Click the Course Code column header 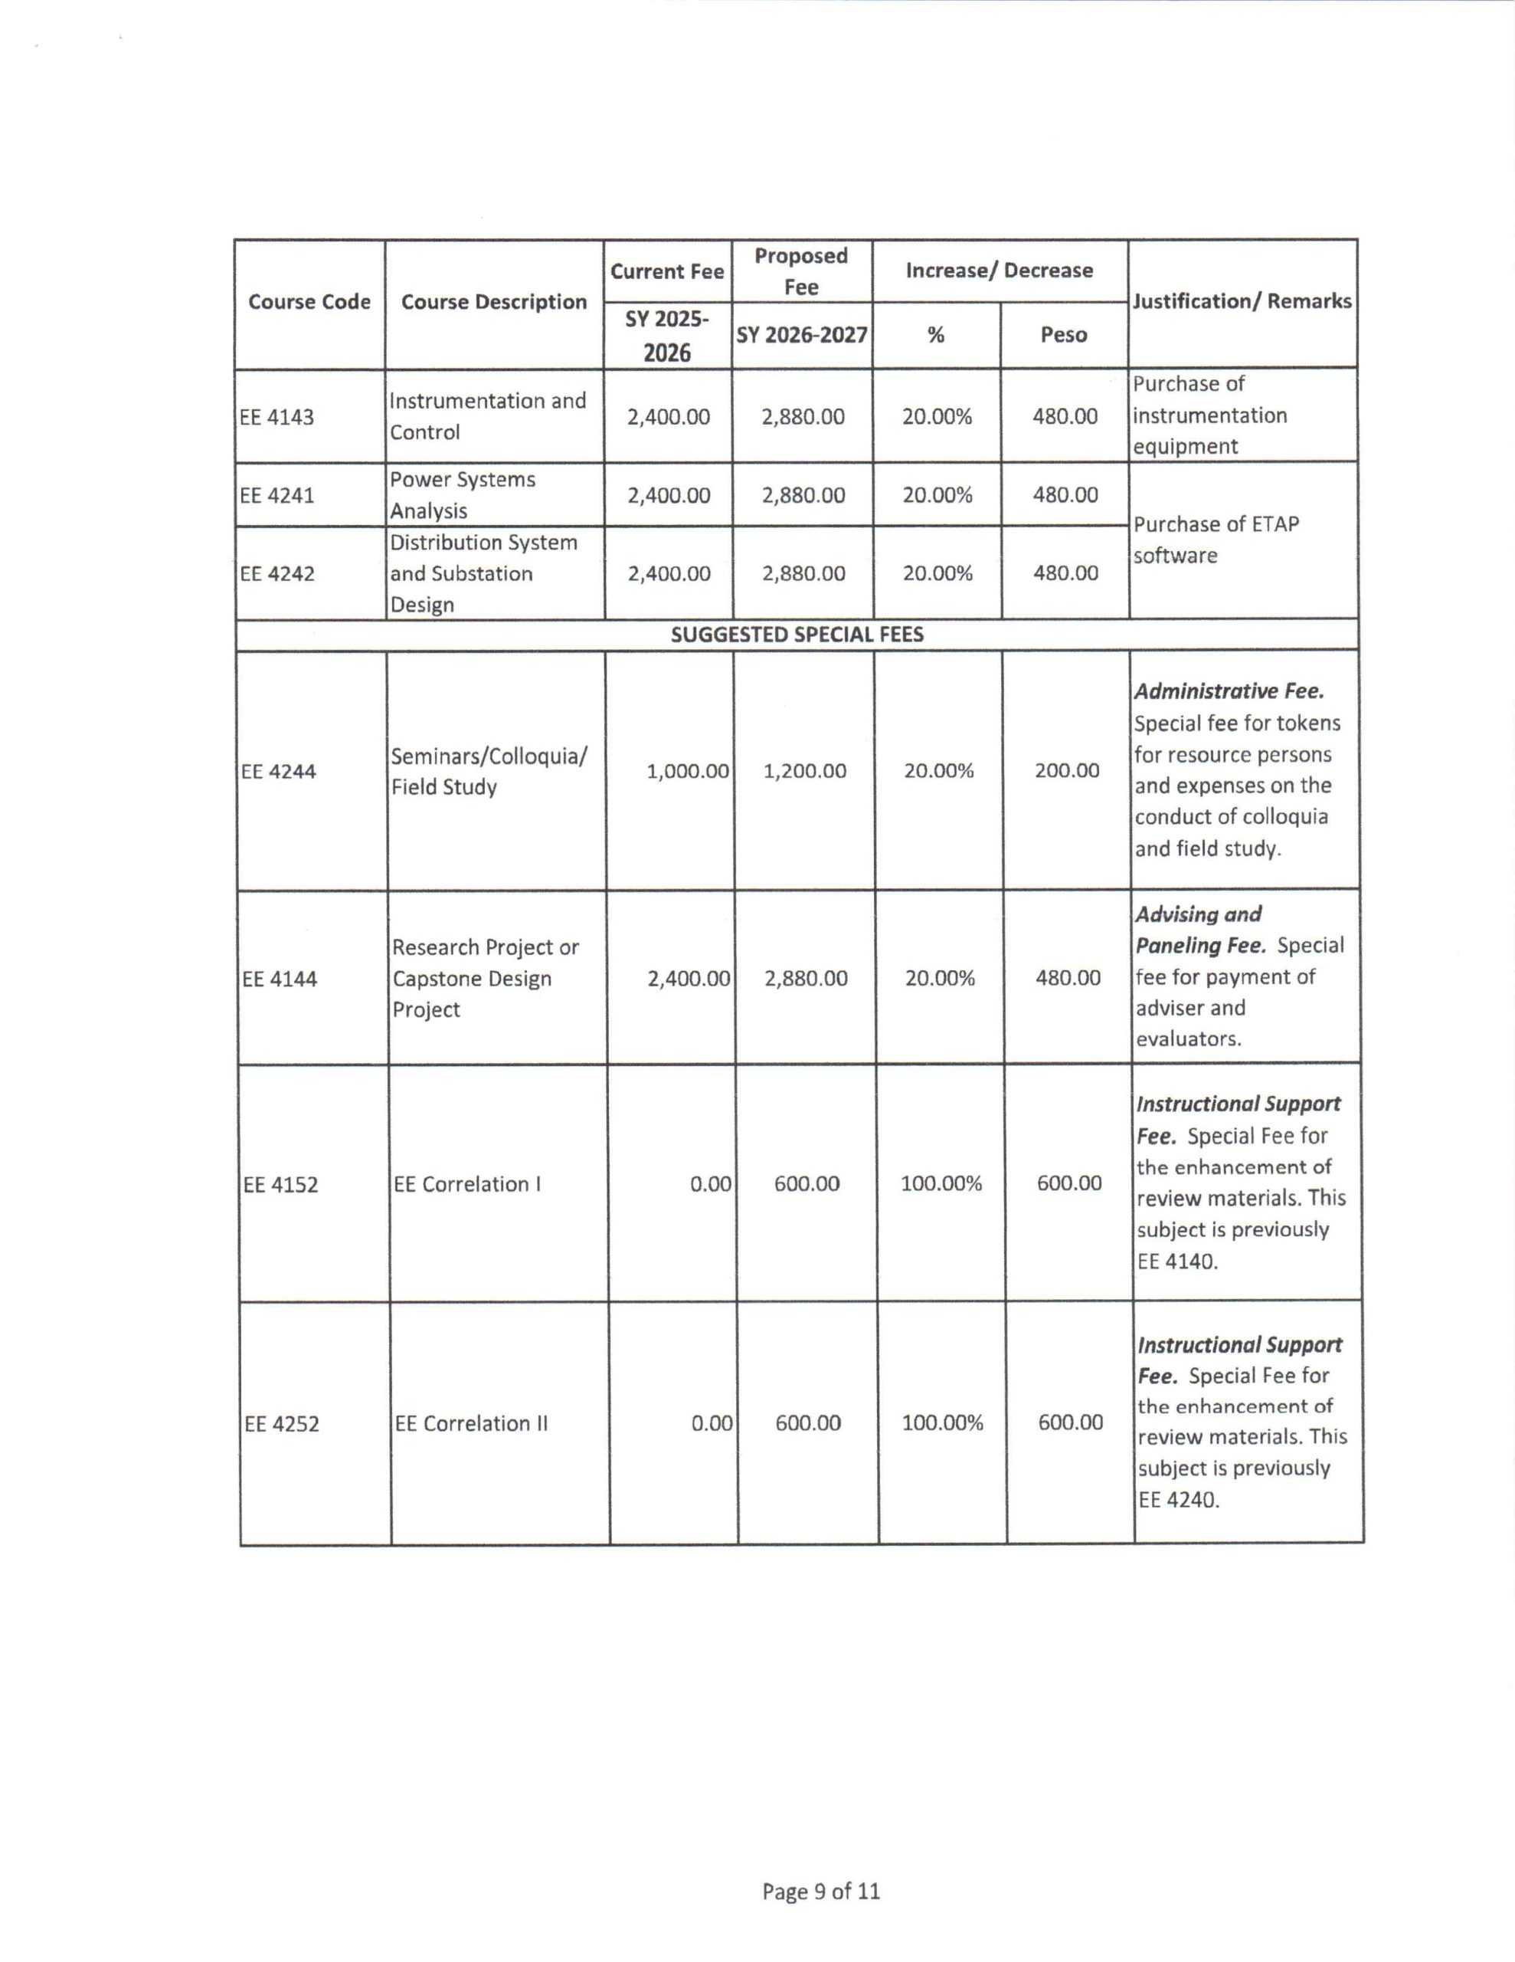tap(309, 302)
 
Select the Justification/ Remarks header tap(1242, 301)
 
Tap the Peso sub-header tap(1063, 335)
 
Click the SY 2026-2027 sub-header tap(802, 335)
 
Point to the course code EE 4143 tap(276, 417)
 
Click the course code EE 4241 tap(276, 495)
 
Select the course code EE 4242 tap(277, 573)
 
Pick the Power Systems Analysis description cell tap(462, 495)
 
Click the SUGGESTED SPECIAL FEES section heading tap(797, 635)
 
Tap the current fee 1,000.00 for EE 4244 tap(687, 771)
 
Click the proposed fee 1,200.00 tap(805, 771)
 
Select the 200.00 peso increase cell tap(1066, 770)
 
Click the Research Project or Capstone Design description tap(485, 978)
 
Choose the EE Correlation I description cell tap(467, 1184)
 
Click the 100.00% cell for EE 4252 tap(942, 1422)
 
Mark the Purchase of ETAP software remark tap(1215, 539)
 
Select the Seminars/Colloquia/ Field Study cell tap(489, 771)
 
